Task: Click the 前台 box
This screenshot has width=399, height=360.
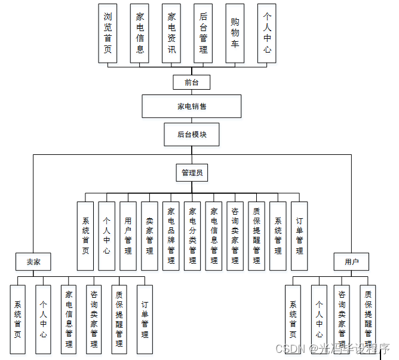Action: coord(191,82)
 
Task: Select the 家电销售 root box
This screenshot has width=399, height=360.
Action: coord(192,106)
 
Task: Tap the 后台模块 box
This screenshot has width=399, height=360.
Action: coord(192,135)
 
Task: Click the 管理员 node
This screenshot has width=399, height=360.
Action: coord(192,173)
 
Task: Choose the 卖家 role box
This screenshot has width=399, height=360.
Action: coord(33,262)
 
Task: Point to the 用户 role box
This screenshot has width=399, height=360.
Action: coord(352,262)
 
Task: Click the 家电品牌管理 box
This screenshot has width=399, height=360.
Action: coord(171,236)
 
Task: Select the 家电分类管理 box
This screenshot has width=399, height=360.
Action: coord(192,236)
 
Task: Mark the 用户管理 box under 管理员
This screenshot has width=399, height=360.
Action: coord(128,236)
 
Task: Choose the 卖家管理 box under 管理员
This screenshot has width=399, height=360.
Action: coord(149,236)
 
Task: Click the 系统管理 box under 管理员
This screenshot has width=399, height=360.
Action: coord(278,236)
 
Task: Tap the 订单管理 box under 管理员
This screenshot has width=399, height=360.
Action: coord(299,236)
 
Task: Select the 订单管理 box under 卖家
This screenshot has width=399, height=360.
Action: coord(145,319)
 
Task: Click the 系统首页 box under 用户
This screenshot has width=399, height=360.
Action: coord(293,319)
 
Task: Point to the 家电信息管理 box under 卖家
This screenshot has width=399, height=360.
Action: coord(69,319)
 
